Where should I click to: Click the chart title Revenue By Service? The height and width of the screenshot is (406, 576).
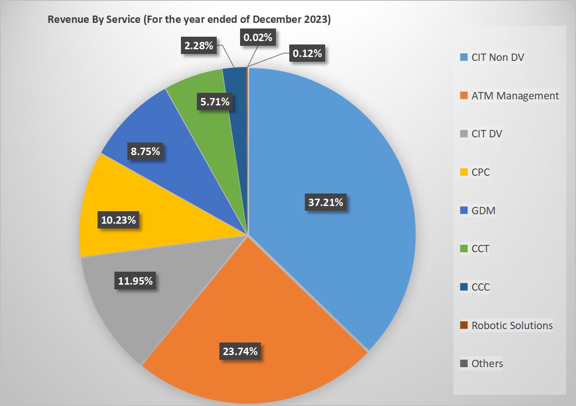click(x=189, y=20)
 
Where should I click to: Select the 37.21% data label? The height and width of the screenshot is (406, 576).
click(x=326, y=202)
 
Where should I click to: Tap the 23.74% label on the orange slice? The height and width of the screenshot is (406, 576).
click(x=240, y=351)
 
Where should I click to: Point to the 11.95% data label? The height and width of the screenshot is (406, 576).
click(x=135, y=281)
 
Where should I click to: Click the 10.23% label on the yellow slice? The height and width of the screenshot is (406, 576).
click(x=118, y=220)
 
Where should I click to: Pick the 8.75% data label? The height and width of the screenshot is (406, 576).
click(x=145, y=151)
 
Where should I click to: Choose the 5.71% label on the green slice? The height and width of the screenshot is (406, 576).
click(x=215, y=102)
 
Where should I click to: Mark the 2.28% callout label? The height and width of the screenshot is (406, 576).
click(x=199, y=45)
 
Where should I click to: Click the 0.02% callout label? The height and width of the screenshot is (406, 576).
click(x=258, y=38)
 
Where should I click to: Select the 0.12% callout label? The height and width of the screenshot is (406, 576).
click(x=307, y=54)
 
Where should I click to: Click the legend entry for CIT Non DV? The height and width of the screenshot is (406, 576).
click(x=497, y=57)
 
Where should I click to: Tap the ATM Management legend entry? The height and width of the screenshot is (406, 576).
click(x=515, y=95)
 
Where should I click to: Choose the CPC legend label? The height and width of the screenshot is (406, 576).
click(x=480, y=172)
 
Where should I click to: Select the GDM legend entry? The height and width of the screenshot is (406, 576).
click(x=483, y=211)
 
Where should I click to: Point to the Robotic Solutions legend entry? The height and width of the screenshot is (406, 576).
click(x=512, y=326)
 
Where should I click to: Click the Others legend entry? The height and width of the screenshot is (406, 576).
click(x=487, y=364)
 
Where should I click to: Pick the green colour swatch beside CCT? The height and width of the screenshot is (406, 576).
click(x=464, y=249)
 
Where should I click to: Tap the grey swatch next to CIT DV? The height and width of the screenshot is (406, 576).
click(x=464, y=134)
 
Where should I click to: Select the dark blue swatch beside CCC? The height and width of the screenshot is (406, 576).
click(x=464, y=287)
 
